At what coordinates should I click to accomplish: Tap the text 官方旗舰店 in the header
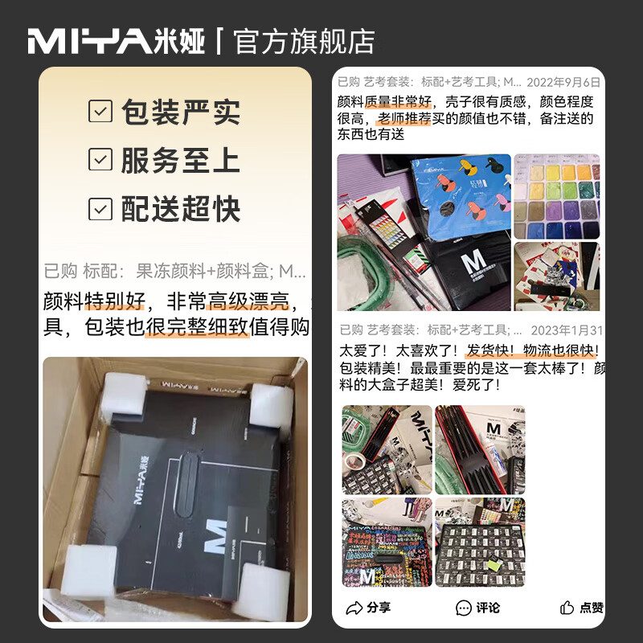click(304, 41)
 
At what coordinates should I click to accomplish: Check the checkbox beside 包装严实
click(100, 112)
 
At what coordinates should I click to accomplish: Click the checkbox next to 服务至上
click(100, 161)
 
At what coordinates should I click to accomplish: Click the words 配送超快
click(181, 209)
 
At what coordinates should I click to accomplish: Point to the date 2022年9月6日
click(563, 82)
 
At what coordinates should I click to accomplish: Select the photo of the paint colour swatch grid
click(556, 195)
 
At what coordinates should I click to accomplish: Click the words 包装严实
click(181, 112)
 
